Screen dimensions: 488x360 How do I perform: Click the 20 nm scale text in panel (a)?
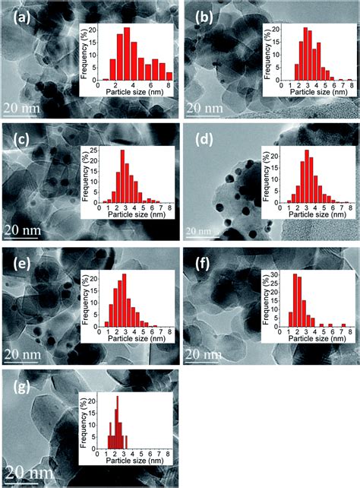tap(27, 109)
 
